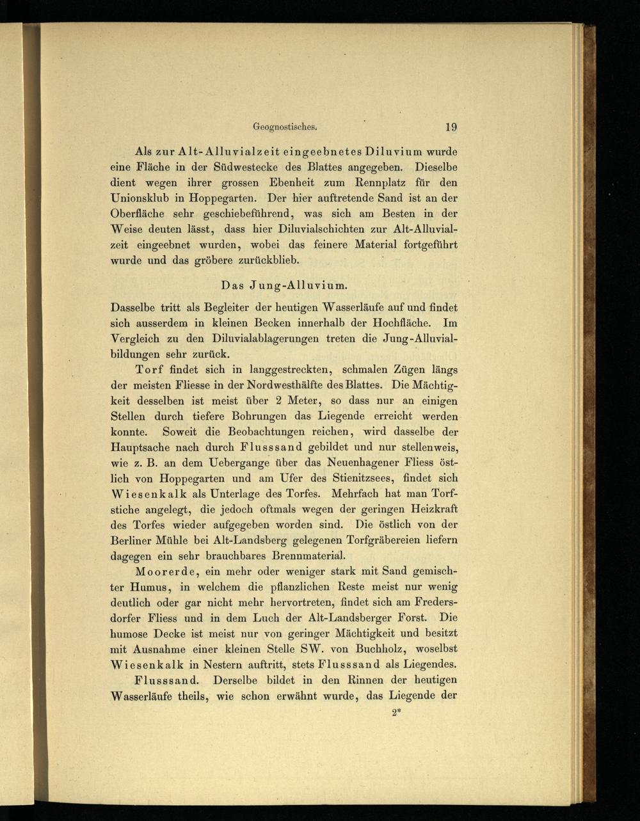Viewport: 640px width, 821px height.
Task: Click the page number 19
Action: point(450,127)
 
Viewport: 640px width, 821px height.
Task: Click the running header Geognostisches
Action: point(281,127)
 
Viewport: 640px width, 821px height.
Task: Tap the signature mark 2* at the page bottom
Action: point(396,711)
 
